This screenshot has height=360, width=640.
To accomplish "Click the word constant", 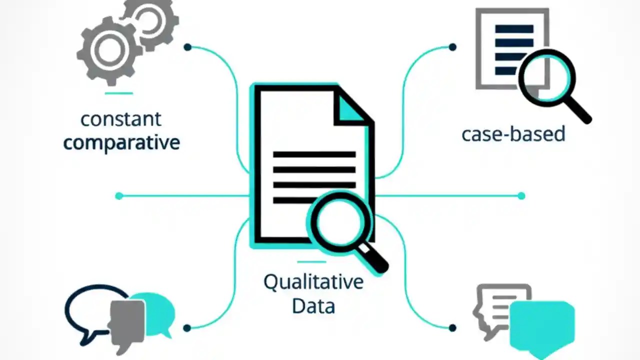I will (121, 119).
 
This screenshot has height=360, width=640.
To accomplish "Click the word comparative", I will (121, 143).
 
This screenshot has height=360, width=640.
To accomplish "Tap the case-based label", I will (513, 134).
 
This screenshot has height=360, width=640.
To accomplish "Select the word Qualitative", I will (313, 282).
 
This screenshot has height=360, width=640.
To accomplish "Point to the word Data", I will (313, 305).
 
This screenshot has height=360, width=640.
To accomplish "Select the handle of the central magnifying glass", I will (374, 257).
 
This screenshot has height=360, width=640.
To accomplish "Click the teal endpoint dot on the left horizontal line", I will (119, 196).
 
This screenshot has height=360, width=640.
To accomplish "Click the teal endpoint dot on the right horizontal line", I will (521, 196).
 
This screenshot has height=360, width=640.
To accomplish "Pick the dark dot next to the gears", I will (187, 47).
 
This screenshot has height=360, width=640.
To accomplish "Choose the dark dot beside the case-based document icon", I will (452, 47).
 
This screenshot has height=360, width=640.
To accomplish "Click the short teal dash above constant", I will (119, 93).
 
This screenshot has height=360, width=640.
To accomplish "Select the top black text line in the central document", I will (314, 154).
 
